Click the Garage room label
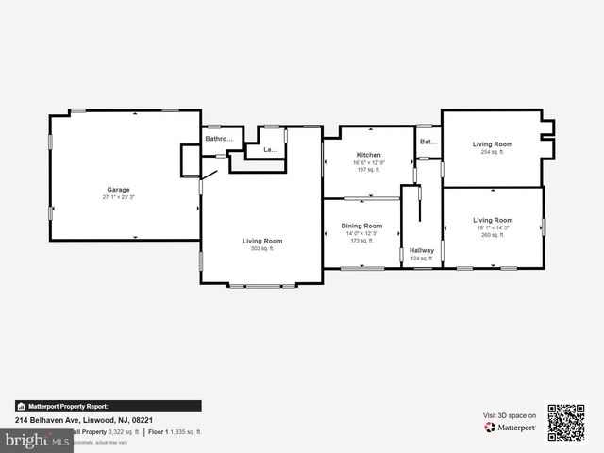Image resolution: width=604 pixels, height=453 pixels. tap(118, 190)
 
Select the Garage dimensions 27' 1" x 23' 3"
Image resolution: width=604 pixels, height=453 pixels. tap(118, 197)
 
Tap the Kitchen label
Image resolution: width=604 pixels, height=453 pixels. tap(368, 155)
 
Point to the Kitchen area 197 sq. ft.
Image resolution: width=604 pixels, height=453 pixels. tap(368, 170)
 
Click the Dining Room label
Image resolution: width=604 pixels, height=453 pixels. tap(361, 226)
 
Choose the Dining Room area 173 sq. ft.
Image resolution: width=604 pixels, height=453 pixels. tap(361, 241)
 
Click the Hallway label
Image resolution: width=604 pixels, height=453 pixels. tap(422, 250)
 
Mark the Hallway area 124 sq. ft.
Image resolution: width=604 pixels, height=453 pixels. tap(422, 258)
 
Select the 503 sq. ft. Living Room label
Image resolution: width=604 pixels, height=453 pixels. tap(262, 241)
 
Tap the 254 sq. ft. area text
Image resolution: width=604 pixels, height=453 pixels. tap(493, 151)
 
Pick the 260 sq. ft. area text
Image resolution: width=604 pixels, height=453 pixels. tap(493, 235)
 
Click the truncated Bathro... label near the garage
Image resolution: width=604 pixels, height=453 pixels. tap(219, 140)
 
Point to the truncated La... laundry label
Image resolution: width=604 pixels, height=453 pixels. tap(270, 149)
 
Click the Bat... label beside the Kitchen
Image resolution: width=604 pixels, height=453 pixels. tap(428, 142)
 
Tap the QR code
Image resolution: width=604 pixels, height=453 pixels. tap(566, 423)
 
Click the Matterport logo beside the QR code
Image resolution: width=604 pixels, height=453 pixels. tap(511, 428)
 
